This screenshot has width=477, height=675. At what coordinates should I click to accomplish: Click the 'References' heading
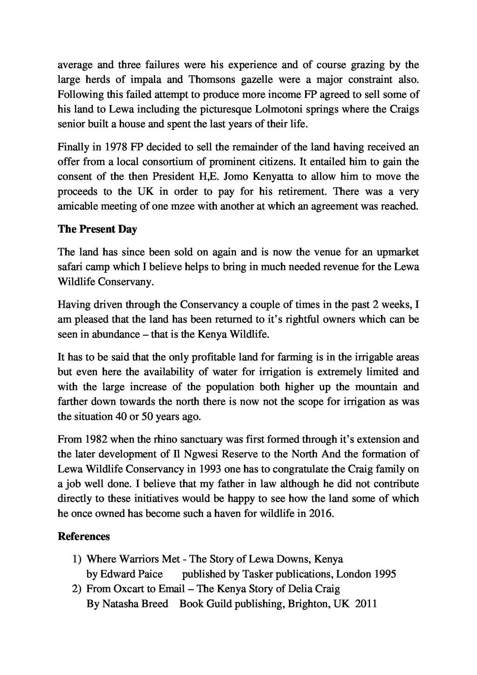84,537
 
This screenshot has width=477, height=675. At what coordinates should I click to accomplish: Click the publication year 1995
385,574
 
